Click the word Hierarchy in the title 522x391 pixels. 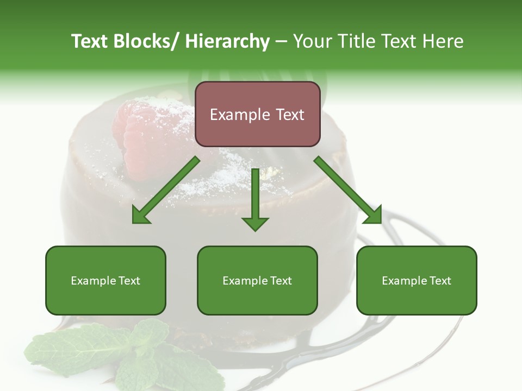pos(227,41)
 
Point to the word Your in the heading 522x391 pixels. pos(312,41)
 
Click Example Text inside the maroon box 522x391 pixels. pos(257,115)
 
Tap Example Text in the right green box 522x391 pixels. pos(417,281)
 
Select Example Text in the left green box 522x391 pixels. pos(105,281)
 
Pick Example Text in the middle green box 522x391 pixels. pos(257,281)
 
